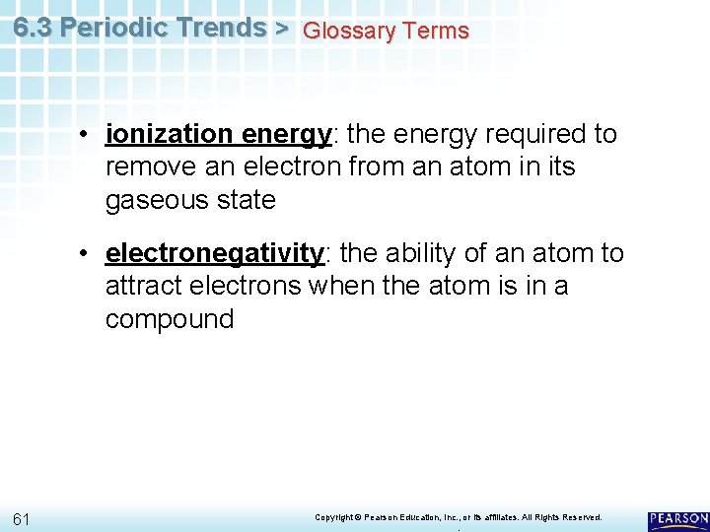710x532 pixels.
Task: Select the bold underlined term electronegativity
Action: point(215,253)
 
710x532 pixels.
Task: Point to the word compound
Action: point(170,319)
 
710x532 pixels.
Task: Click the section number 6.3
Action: point(34,28)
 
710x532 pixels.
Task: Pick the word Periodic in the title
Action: point(108,28)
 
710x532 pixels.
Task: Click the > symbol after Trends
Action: point(281,28)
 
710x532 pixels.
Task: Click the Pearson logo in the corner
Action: point(677,518)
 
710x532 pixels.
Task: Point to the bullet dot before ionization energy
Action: point(89,135)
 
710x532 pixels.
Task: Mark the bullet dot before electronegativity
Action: point(89,254)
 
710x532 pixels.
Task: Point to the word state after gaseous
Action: point(248,200)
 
